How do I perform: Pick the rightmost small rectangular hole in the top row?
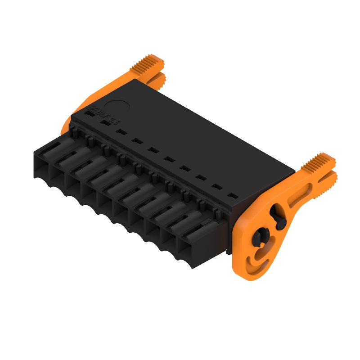(232, 196)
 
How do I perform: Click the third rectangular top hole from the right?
(200, 179)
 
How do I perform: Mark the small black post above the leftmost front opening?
(73, 131)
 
